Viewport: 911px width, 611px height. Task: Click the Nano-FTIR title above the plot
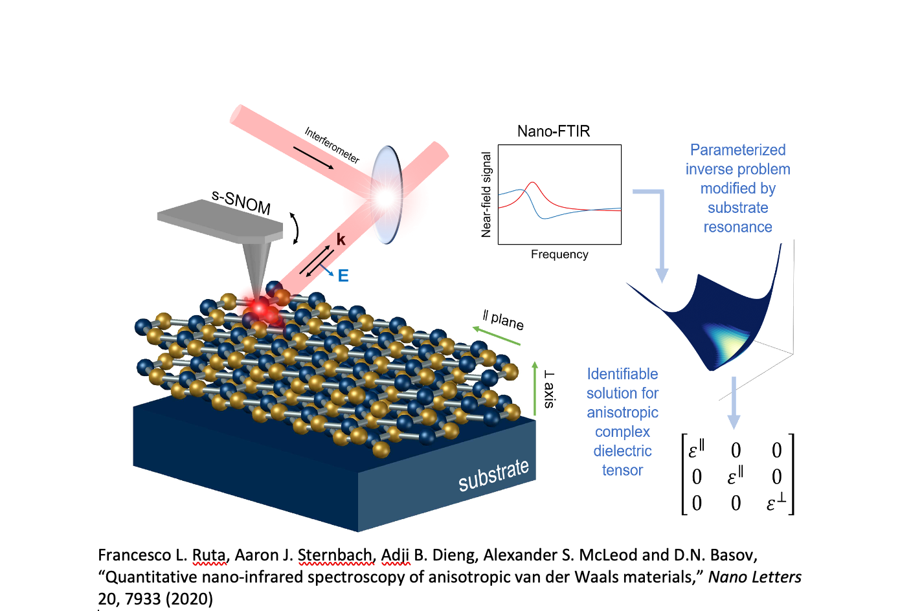[x=554, y=131]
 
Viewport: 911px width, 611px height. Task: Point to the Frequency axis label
[x=559, y=254]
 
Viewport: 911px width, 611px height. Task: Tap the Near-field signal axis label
[x=486, y=194]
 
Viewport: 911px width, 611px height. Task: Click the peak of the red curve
[x=532, y=182]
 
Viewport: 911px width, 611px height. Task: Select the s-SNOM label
[x=241, y=202]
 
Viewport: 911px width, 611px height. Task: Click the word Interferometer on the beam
[x=332, y=145]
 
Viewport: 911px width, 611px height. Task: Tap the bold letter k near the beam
[x=341, y=240]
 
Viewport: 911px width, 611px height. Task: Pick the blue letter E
[x=343, y=276]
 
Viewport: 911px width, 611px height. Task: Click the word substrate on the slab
[x=493, y=475]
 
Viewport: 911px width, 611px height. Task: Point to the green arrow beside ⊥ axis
[x=535, y=388]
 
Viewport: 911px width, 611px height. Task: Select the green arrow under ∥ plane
[x=496, y=336]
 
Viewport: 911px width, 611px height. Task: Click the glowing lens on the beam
[x=387, y=195]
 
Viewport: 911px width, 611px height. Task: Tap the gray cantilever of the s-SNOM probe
[x=220, y=221]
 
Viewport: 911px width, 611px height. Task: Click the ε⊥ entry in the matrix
[x=776, y=503]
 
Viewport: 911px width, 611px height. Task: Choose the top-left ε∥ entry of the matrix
[x=696, y=450]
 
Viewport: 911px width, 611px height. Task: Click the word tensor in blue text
[x=622, y=471]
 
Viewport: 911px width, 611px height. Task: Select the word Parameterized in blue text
[x=737, y=150]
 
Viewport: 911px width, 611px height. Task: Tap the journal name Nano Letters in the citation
[x=755, y=577]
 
